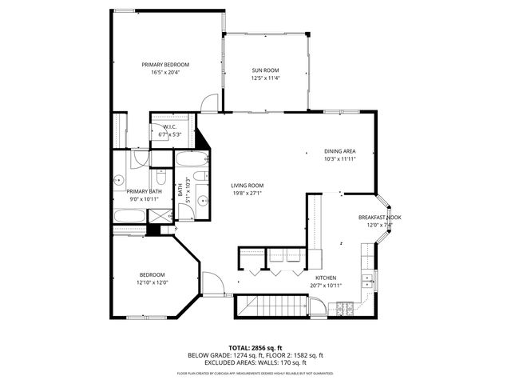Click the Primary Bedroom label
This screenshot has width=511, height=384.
(165, 65)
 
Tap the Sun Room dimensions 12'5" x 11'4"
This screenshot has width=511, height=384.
(266, 78)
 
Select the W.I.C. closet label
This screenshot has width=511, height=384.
(171, 127)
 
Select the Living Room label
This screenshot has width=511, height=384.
(248, 186)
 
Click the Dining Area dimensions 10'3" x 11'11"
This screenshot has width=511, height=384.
(339, 158)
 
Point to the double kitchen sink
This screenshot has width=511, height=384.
(366, 279)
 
